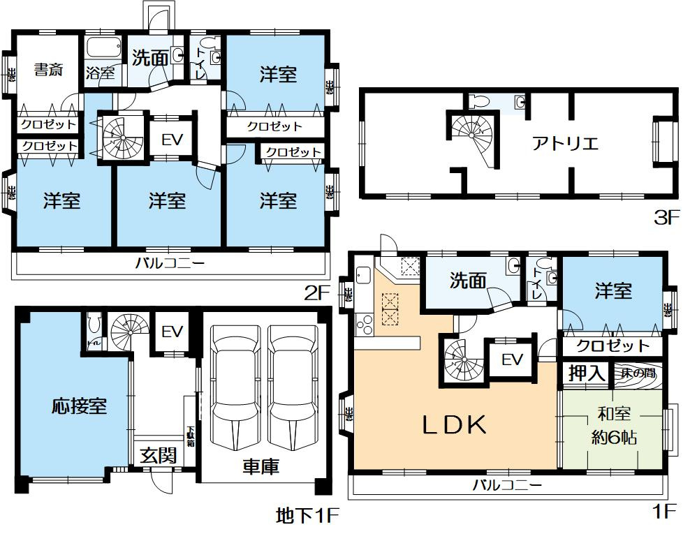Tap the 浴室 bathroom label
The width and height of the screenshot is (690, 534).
pos(100,73)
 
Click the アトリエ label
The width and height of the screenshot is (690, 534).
pos(565,144)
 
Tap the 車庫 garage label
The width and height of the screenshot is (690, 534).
pos(261,466)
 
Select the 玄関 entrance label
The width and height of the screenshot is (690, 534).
pos(157,456)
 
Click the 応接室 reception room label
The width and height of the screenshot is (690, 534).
pos(79,406)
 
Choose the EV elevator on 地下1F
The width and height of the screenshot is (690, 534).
pos(172,332)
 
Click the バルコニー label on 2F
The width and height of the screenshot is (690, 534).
pos(170,264)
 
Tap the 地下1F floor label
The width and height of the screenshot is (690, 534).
pos(307,517)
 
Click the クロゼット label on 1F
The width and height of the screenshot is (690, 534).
pos(615,346)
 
